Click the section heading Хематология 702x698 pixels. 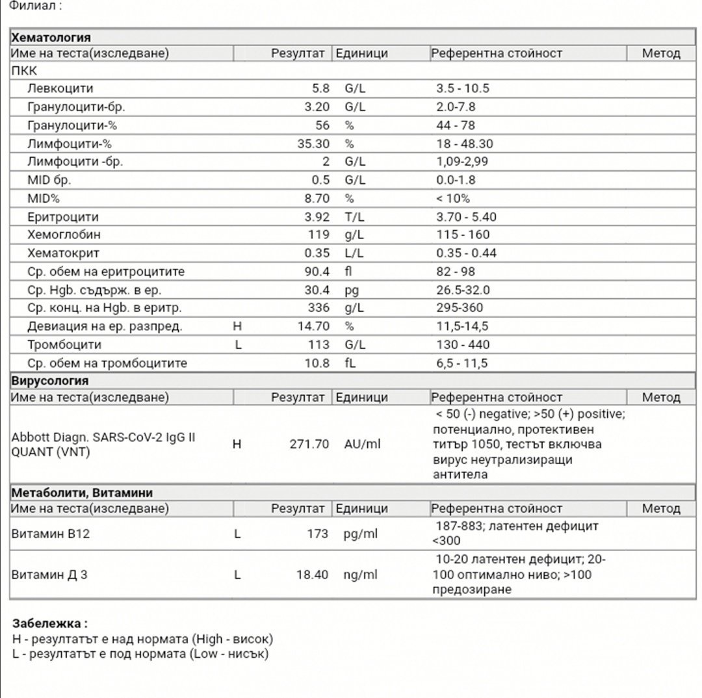[51, 37]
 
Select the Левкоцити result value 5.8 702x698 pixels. [321, 88]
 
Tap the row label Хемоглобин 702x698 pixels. [64, 235]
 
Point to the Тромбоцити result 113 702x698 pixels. [318, 344]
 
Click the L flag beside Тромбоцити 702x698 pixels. [238, 344]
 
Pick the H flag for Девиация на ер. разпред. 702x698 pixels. [237, 326]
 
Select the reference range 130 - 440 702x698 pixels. [463, 344]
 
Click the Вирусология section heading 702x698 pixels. [50, 381]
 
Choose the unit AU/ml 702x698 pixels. [362, 445]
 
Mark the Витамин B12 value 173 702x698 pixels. [318, 534]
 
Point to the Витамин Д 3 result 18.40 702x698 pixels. [313, 575]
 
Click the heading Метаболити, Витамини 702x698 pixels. [82, 493]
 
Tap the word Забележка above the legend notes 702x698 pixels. [47, 624]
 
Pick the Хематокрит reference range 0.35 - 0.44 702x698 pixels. [466, 253]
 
